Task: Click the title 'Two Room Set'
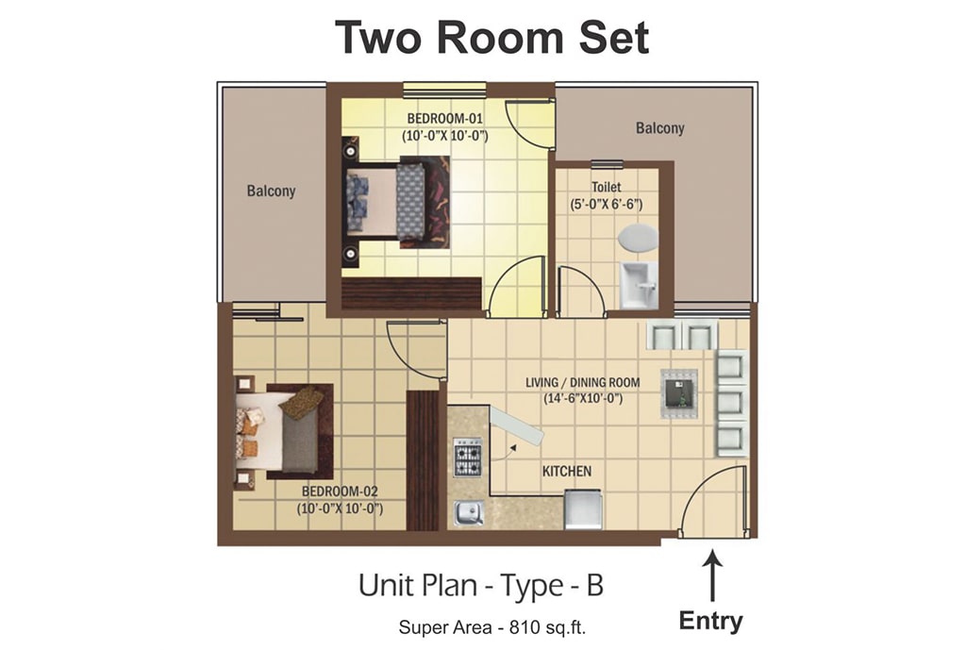[x=491, y=37]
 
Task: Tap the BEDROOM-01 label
[x=444, y=118]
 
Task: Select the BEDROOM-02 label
[x=340, y=492]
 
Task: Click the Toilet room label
[x=607, y=187]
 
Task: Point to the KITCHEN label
[x=567, y=472]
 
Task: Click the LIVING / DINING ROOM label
[x=582, y=383]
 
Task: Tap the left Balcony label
[x=271, y=191]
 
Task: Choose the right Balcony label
[x=659, y=128]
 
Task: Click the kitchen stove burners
[x=468, y=458]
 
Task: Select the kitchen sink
[x=468, y=512]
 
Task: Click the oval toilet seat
[x=638, y=239]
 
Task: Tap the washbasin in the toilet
[x=639, y=285]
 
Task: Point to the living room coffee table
[x=678, y=393]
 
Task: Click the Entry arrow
[x=712, y=576]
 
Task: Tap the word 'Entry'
[x=711, y=621]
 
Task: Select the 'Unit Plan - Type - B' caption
[x=481, y=585]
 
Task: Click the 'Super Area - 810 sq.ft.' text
[x=492, y=627]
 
